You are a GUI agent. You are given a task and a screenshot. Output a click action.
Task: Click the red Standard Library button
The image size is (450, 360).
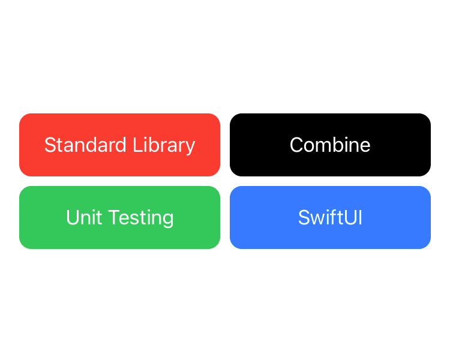(119, 145)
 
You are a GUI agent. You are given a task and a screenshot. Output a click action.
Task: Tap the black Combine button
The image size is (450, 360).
(330, 145)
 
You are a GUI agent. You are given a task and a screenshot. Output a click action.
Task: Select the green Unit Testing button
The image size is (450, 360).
(119, 217)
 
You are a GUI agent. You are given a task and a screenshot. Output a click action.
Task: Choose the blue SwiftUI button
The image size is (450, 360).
(330, 217)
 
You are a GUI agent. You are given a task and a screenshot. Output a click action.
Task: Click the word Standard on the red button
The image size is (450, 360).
(85, 145)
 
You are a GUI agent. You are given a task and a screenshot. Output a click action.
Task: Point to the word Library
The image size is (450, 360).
(164, 146)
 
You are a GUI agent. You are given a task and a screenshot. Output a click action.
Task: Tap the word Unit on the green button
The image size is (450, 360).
(84, 217)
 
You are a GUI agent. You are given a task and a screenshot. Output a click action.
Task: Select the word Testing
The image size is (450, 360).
(141, 218)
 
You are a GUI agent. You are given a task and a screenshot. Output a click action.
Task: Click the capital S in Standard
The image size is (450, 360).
(51, 145)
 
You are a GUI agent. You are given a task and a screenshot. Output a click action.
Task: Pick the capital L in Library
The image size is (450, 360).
(138, 145)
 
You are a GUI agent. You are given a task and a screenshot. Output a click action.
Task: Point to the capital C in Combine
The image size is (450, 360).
(297, 145)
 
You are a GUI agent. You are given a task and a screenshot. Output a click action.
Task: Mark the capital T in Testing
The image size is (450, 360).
(115, 217)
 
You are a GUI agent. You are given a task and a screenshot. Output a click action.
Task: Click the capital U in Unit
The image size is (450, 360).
(73, 217)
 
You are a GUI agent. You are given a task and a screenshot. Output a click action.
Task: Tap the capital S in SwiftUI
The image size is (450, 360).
(305, 217)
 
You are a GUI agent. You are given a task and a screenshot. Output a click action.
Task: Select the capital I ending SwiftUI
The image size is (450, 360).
(360, 217)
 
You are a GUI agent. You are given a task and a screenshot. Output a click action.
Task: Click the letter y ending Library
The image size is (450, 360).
(190, 149)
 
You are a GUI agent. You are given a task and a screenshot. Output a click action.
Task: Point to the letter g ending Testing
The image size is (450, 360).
(167, 221)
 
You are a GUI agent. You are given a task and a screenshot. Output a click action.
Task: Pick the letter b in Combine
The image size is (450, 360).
(337, 145)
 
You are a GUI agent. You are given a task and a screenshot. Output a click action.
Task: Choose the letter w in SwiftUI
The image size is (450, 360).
(320, 220)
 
